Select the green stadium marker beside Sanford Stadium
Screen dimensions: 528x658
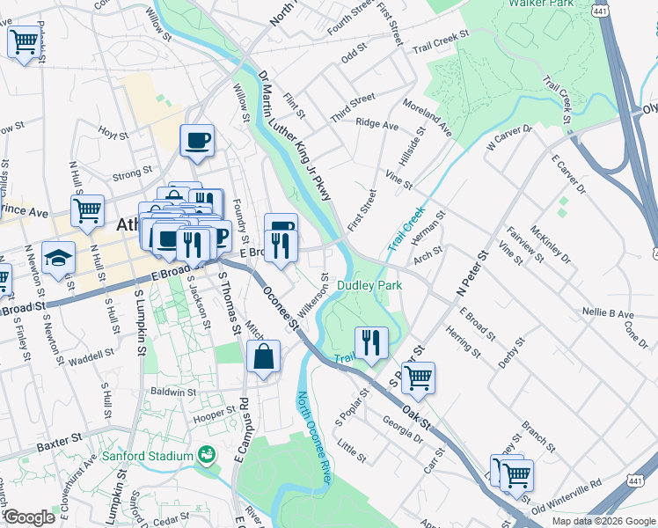[207, 455]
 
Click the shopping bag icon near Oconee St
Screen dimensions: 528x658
[263, 358]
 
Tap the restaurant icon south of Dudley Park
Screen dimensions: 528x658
[371, 343]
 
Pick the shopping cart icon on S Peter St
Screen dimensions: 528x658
[418, 378]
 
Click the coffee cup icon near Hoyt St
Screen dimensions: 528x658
[197, 140]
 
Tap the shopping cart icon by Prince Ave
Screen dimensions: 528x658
[87, 211]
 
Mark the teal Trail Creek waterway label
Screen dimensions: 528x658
[406, 228]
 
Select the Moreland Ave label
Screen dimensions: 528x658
[427, 117]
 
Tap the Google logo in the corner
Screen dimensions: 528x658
[29, 517]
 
